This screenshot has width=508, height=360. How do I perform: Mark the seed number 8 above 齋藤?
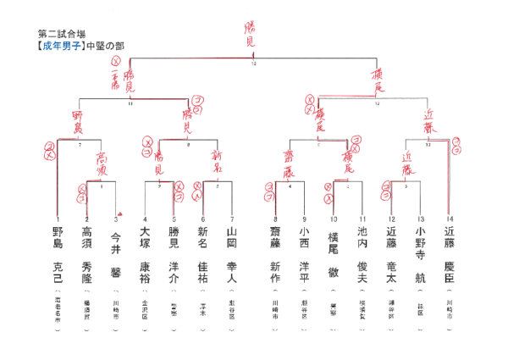pyautogui.click(x=275, y=219)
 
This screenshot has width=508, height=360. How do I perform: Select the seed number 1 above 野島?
pyautogui.click(x=58, y=219)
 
